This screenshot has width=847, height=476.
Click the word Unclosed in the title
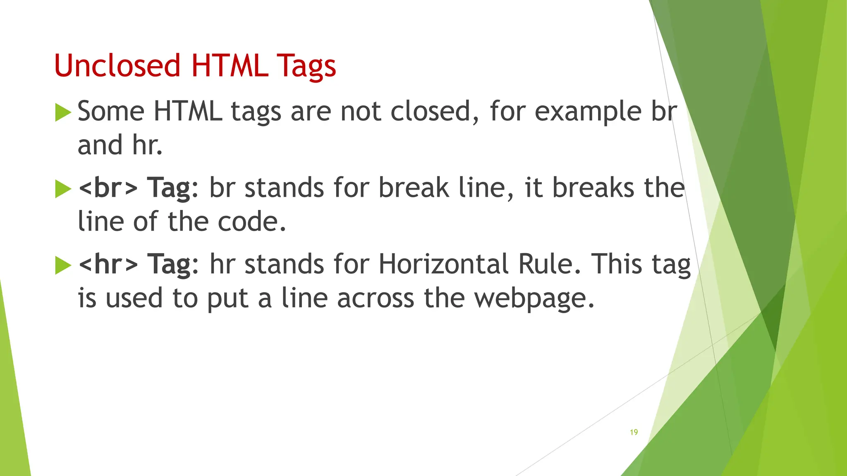tap(117, 66)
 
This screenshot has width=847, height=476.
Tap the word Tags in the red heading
tap(306, 66)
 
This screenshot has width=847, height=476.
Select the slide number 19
tap(634, 432)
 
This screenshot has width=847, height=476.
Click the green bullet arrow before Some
tap(63, 113)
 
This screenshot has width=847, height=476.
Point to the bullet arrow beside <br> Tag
tap(63, 189)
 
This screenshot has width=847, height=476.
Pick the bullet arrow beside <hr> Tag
tap(63, 265)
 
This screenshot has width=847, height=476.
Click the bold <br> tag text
tap(108, 188)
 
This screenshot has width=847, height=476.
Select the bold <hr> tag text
tap(108, 264)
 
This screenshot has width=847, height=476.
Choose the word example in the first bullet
tap(588, 112)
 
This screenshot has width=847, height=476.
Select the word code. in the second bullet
tap(252, 222)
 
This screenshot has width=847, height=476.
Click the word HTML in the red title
tap(229, 66)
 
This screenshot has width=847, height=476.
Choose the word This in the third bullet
tap(617, 264)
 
